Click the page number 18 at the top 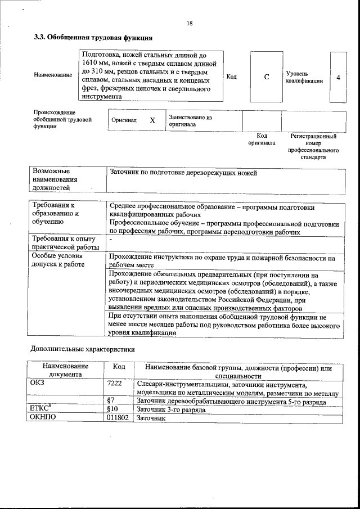[190, 23]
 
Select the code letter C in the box [266, 77]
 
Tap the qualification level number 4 [337, 77]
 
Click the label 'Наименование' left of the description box [53, 75]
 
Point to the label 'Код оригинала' [262, 139]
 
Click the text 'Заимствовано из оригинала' [190, 121]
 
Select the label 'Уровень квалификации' [304, 77]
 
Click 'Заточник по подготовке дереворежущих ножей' [184, 173]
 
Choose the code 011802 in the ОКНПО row [118, 418]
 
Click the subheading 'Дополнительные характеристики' [83, 348]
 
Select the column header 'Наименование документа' [65, 371]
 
